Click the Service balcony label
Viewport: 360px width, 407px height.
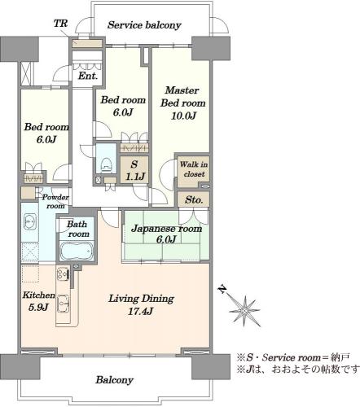tap(144, 25)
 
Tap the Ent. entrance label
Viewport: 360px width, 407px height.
tap(88, 76)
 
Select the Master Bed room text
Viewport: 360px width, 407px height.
tap(182, 97)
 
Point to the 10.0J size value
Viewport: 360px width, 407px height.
tap(183, 116)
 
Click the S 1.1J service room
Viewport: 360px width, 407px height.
tap(134, 170)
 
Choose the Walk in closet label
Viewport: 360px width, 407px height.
tap(194, 169)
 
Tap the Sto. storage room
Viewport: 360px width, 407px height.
tap(194, 199)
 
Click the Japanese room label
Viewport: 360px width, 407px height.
tap(167, 229)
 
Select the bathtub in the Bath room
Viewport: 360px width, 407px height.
tap(77, 251)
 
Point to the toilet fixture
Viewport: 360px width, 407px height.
tap(107, 164)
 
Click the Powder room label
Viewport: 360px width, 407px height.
tap(55, 201)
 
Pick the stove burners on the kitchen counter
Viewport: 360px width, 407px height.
tap(64, 274)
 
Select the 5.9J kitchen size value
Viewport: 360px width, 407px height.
tap(38, 308)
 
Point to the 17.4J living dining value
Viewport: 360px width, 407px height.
tap(140, 311)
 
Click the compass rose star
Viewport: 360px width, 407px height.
tap(244, 310)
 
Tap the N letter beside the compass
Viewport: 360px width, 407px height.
tap(222, 289)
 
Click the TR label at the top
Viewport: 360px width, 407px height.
tap(60, 24)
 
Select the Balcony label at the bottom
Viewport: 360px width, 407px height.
tap(114, 380)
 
